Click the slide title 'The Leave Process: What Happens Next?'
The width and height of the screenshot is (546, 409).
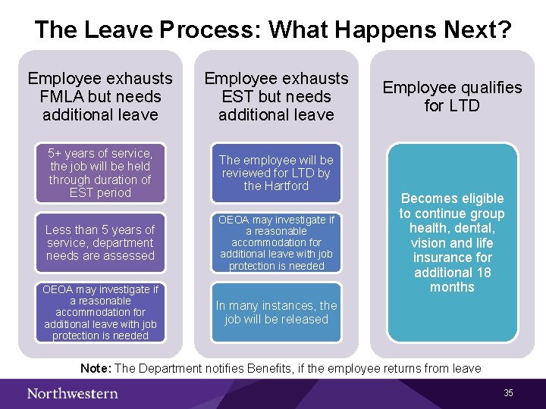pyautogui.click(x=273, y=30)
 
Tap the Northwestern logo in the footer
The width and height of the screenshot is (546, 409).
pyautogui.click(x=73, y=392)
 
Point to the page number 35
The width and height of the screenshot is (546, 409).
pyautogui.click(x=508, y=392)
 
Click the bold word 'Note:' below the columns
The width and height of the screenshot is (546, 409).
pyautogui.click(x=96, y=368)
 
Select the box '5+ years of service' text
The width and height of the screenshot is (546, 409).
pyautogui.click(x=100, y=173)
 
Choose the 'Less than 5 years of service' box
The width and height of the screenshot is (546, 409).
pyautogui.click(x=100, y=242)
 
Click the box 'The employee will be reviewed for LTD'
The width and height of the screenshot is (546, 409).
pyautogui.click(x=276, y=173)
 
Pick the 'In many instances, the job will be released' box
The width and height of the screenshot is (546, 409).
pyautogui.click(x=276, y=312)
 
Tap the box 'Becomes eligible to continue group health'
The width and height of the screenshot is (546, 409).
pyautogui.click(x=452, y=242)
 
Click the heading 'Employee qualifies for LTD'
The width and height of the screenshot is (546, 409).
pyautogui.click(x=452, y=96)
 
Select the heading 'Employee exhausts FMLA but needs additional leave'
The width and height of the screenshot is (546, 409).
pyautogui.click(x=100, y=96)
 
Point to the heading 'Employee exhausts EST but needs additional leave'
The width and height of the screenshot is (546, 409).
pyautogui.click(x=276, y=96)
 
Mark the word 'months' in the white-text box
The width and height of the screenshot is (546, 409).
pyautogui.click(x=452, y=287)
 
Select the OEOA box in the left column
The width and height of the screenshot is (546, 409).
pyautogui.click(x=100, y=312)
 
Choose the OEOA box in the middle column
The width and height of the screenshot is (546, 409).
pyautogui.click(x=276, y=242)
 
